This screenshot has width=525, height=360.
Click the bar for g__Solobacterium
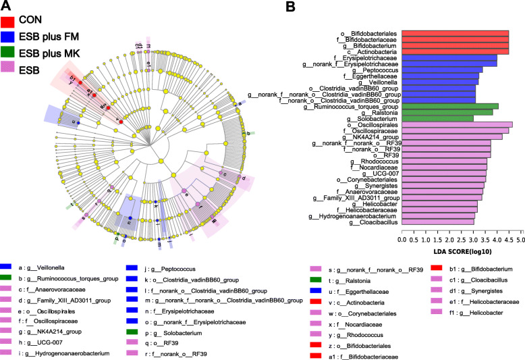(437, 118)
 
